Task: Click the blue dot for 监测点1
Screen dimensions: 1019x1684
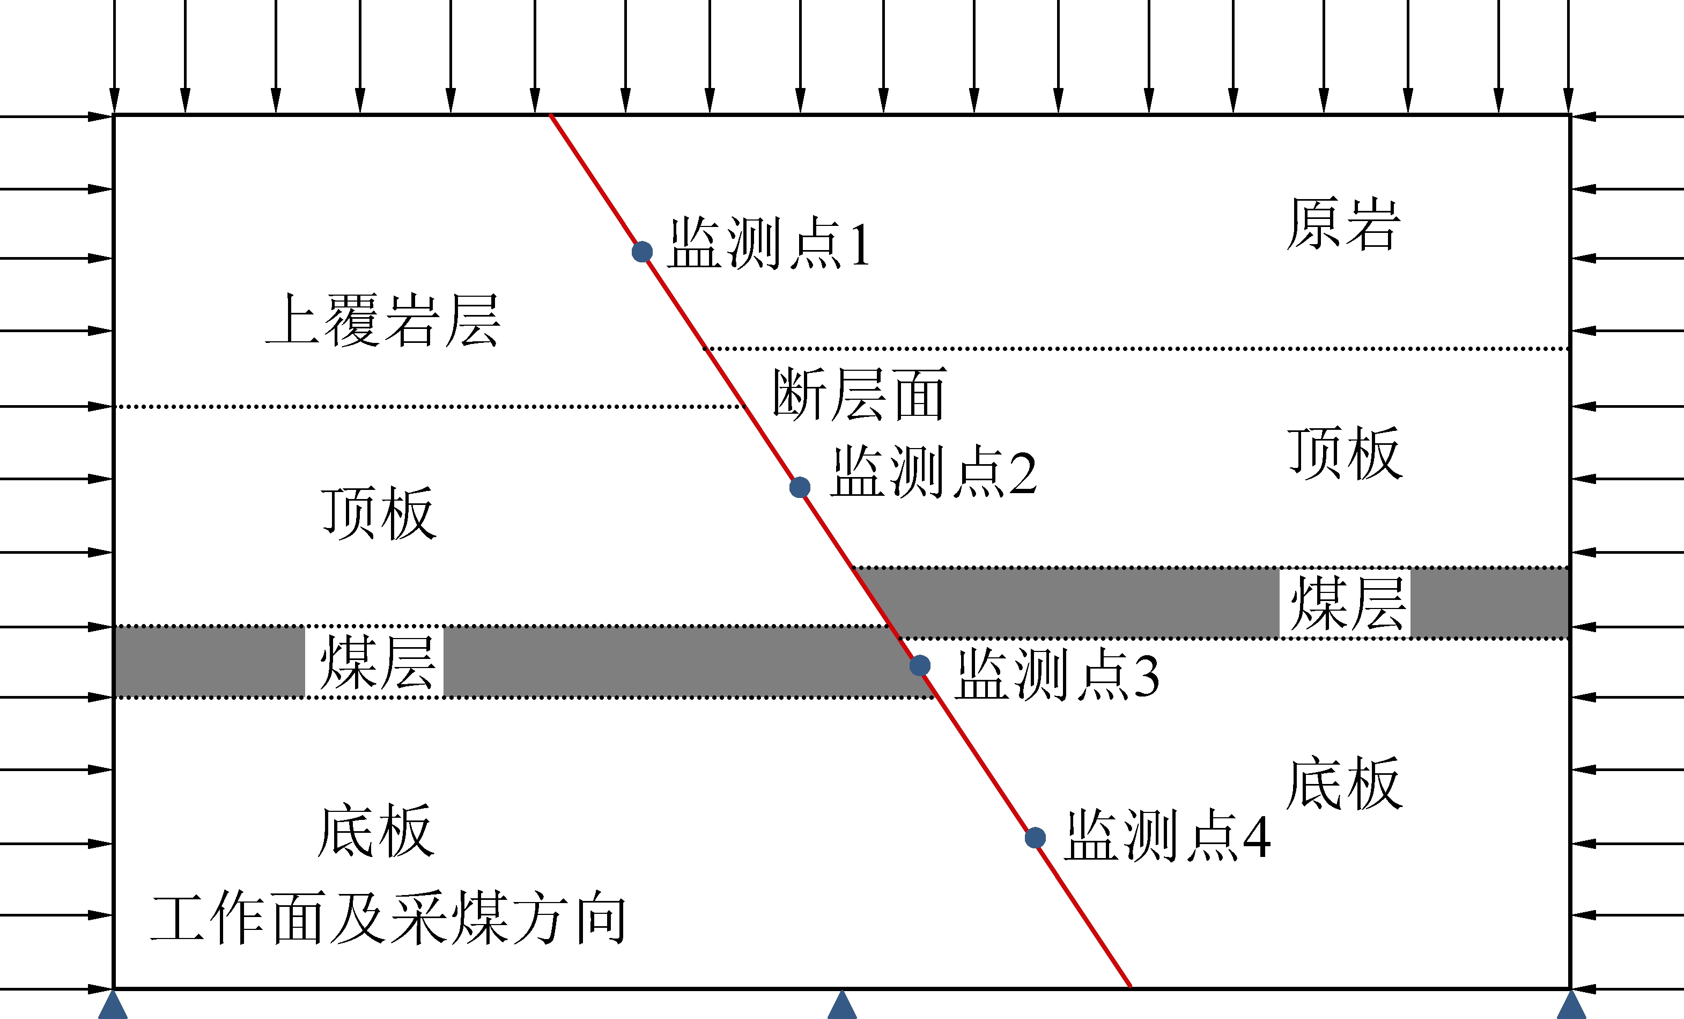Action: pos(642,252)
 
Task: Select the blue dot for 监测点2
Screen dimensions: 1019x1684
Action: pos(800,488)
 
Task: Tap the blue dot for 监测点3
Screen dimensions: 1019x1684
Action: pos(920,665)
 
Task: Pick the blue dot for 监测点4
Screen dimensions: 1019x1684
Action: pos(1036,838)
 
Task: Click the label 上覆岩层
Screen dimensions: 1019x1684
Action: pos(383,320)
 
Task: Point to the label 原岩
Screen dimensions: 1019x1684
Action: pos(1343,224)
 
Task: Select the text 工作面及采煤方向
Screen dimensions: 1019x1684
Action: pos(388,918)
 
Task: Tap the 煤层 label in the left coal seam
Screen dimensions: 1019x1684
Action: pos(376,662)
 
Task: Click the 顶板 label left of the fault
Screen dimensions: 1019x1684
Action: pos(379,513)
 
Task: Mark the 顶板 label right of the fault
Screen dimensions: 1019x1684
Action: pos(1345,453)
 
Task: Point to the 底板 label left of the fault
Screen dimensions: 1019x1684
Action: pos(376,831)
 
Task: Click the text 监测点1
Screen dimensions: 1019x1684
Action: pos(769,244)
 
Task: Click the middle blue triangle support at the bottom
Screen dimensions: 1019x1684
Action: pos(842,1006)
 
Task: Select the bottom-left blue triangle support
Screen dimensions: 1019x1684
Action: pos(113,1006)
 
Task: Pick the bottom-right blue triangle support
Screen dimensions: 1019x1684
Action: pos(1571,1006)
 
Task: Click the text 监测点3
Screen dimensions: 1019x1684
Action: pos(1057,675)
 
